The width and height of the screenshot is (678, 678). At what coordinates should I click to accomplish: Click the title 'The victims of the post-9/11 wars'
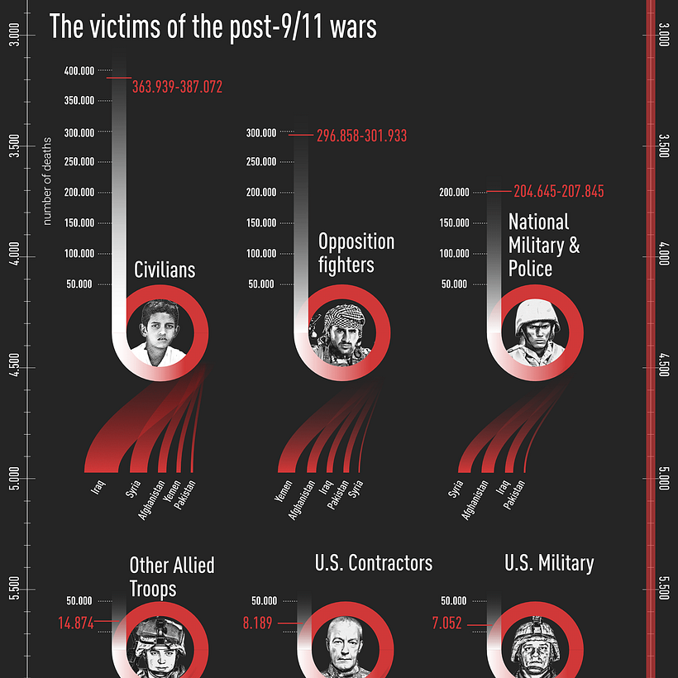point(212,27)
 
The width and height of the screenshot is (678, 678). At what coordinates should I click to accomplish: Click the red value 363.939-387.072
point(177,86)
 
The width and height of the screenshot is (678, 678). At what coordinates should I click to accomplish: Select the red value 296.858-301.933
point(361,136)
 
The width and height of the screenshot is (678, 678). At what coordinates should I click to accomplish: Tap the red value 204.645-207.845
point(558,191)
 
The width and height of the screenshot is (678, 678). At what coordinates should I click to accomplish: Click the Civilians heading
point(165,270)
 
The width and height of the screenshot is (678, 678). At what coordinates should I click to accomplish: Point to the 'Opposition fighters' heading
point(356,253)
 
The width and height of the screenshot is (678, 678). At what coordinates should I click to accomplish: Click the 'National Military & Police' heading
point(543,246)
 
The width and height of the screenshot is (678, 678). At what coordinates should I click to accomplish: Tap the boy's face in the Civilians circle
point(160,333)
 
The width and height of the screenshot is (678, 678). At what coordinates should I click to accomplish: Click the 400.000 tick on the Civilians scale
point(79,71)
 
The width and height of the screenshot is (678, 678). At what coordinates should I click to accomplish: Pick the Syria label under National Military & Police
point(456,489)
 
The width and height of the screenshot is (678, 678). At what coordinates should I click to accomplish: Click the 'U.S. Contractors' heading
point(374,564)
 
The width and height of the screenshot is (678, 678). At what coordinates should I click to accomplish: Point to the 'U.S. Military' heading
point(549,564)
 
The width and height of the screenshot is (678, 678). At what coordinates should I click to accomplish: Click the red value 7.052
point(446,623)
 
